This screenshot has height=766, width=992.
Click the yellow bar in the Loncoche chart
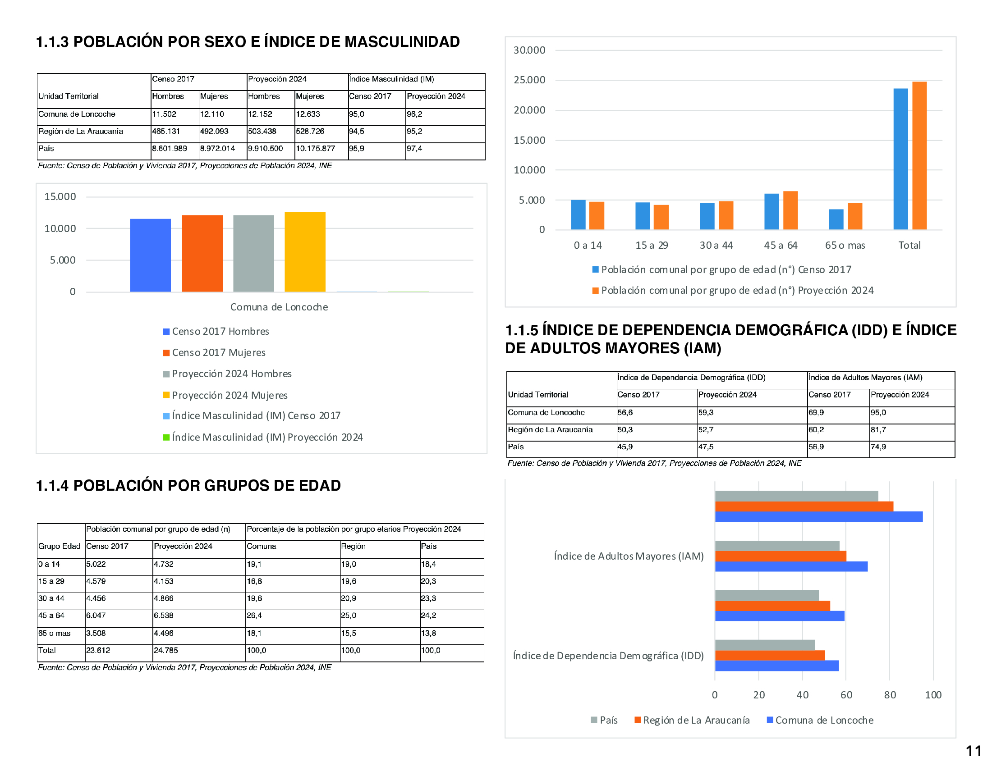305,252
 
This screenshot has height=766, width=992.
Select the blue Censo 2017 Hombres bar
150,255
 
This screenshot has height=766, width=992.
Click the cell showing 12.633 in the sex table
308,114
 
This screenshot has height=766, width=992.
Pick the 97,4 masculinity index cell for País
414,149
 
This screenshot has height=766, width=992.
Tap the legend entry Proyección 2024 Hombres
232,374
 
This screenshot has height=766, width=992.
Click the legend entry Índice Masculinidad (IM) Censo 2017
256,416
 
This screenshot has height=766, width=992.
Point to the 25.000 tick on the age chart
529,80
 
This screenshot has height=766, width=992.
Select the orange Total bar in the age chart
919,155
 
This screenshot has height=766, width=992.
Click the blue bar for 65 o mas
836,219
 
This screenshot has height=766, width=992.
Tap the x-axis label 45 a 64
781,246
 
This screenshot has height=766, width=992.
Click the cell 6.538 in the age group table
164,616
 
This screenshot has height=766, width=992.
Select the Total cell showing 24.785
166,650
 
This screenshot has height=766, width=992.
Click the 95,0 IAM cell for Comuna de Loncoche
878,412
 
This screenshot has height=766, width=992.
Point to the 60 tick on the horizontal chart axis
846,695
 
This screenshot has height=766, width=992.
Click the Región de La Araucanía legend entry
696,720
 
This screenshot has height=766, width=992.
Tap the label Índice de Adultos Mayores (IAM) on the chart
629,556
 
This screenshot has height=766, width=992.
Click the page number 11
974,751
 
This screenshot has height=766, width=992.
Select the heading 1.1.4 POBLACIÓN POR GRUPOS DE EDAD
188,486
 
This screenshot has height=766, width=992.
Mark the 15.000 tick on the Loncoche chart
60,197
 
